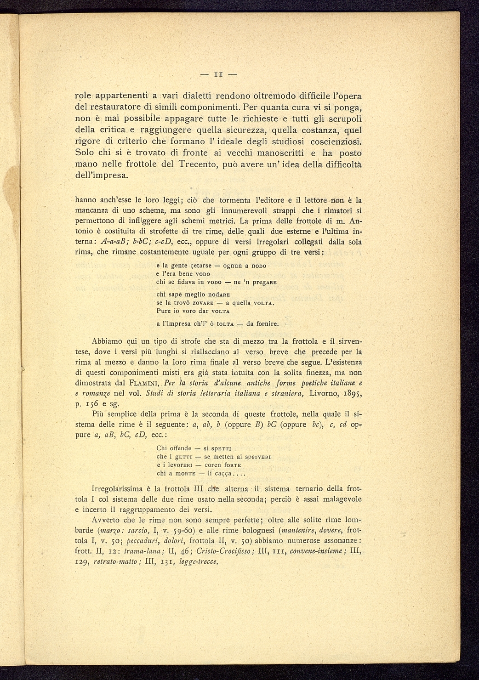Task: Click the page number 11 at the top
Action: [x=218, y=74]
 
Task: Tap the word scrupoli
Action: [x=339, y=119]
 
